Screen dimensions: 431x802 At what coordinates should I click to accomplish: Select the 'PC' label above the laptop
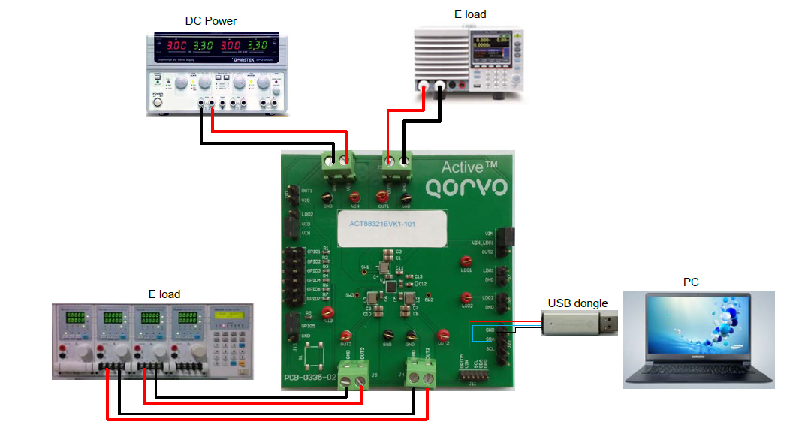[692, 282]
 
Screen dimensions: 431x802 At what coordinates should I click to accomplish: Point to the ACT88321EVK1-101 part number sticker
[392, 228]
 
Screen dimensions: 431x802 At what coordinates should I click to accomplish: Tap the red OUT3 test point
[346, 336]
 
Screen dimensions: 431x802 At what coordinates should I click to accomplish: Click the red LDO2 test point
[466, 298]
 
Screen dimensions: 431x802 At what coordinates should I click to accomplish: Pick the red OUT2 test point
[444, 334]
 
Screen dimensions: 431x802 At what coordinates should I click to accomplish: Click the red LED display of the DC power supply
[219, 46]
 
